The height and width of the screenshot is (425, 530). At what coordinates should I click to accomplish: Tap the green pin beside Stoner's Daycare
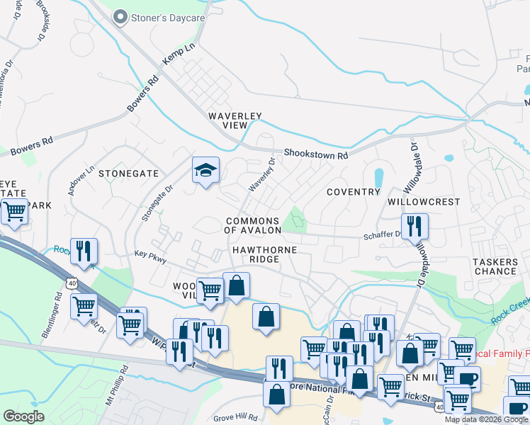[x=120, y=16]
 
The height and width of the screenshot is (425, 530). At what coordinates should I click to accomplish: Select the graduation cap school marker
[x=205, y=171]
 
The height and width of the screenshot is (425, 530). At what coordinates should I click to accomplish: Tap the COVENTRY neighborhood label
[x=354, y=192]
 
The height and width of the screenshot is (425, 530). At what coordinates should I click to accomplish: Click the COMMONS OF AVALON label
[x=253, y=225]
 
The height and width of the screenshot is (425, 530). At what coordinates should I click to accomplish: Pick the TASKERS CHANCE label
[x=495, y=266]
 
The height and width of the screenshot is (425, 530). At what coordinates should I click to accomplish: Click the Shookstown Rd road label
[x=316, y=154]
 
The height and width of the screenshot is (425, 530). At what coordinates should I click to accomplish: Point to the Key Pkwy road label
[x=150, y=256]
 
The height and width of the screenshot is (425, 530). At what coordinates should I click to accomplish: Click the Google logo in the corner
[x=23, y=416]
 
